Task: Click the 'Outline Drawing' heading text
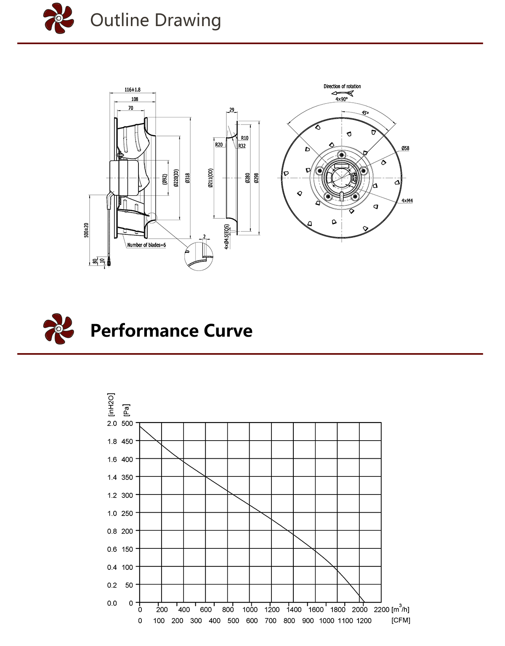(x=155, y=20)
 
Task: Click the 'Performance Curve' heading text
(x=171, y=331)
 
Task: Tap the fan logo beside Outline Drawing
(x=58, y=19)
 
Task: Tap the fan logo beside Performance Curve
(x=58, y=329)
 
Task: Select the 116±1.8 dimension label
(x=133, y=90)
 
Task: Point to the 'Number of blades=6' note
(x=146, y=245)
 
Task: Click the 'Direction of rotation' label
(x=342, y=86)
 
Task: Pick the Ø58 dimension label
(x=405, y=148)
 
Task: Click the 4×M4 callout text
(x=407, y=201)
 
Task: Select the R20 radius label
(x=219, y=145)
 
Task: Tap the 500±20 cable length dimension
(x=86, y=230)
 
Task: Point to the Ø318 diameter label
(x=188, y=178)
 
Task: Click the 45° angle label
(x=365, y=113)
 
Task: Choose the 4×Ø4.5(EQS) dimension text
(x=227, y=237)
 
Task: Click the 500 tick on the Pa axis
(x=127, y=423)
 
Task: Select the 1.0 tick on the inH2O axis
(x=112, y=513)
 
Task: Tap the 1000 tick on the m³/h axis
(x=250, y=609)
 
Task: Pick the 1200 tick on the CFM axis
(x=364, y=621)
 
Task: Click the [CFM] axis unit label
(x=401, y=620)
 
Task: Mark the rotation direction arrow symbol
(x=343, y=93)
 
